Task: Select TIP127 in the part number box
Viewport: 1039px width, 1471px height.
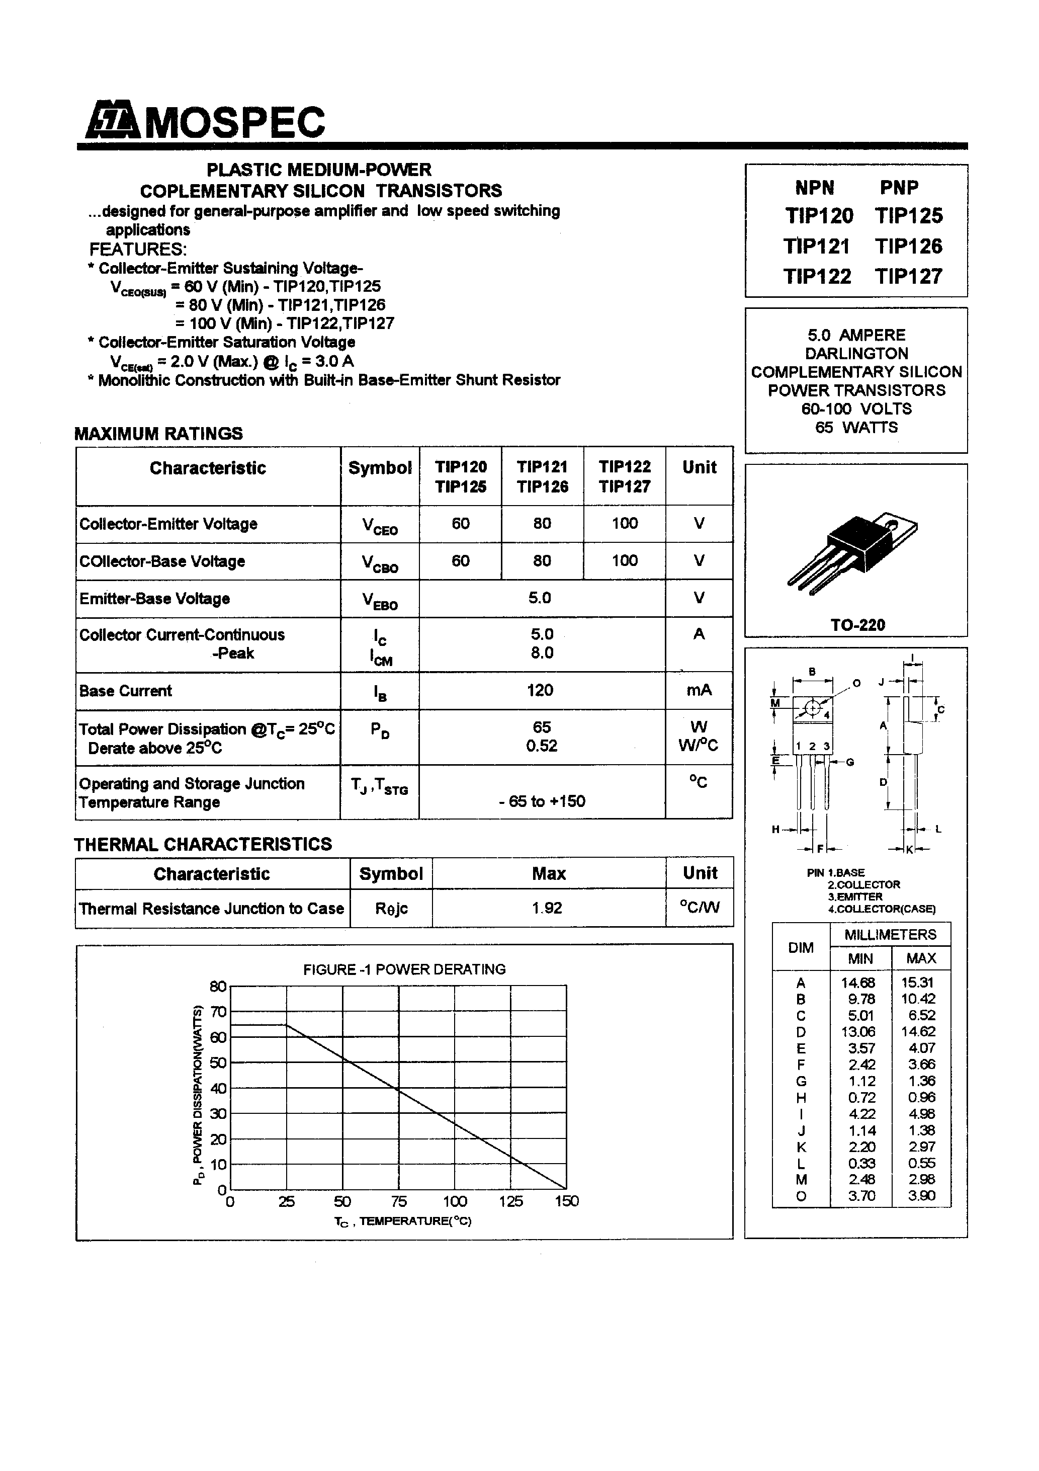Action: pyautogui.click(x=908, y=276)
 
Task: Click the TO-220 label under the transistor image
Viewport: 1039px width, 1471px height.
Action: pyautogui.click(x=858, y=625)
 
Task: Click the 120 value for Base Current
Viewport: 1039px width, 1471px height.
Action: pyautogui.click(x=540, y=690)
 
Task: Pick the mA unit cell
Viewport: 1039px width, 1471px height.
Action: pyautogui.click(x=699, y=690)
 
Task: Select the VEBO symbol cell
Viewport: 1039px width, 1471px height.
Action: pyautogui.click(x=380, y=600)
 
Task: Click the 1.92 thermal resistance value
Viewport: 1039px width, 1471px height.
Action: pyautogui.click(x=547, y=908)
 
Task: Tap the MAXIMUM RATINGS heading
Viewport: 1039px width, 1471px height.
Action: pyautogui.click(x=159, y=434)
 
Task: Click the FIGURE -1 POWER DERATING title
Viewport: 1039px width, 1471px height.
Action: pyautogui.click(x=404, y=969)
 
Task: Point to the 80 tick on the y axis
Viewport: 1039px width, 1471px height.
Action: pyautogui.click(x=218, y=986)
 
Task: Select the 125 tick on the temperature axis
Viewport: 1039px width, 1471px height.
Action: pyautogui.click(x=510, y=1201)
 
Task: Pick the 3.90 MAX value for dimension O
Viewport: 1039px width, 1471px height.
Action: pyautogui.click(x=921, y=1195)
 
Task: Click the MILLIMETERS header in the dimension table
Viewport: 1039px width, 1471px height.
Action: pyautogui.click(x=890, y=935)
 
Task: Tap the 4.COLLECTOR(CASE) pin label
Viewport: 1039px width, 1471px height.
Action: pyautogui.click(x=882, y=909)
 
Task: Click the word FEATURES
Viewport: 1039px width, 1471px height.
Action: pyautogui.click(x=138, y=249)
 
